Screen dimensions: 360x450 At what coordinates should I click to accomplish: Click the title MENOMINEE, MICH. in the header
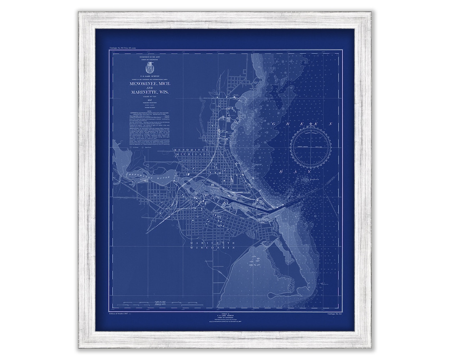(x=149, y=83)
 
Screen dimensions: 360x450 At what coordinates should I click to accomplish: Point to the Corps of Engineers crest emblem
(x=148, y=67)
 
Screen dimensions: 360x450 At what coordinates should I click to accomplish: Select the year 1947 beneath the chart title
(x=149, y=100)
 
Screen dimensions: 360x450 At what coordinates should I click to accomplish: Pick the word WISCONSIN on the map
(x=212, y=247)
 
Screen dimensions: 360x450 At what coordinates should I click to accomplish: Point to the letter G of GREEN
(x=275, y=125)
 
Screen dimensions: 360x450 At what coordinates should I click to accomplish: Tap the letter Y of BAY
(x=309, y=172)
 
